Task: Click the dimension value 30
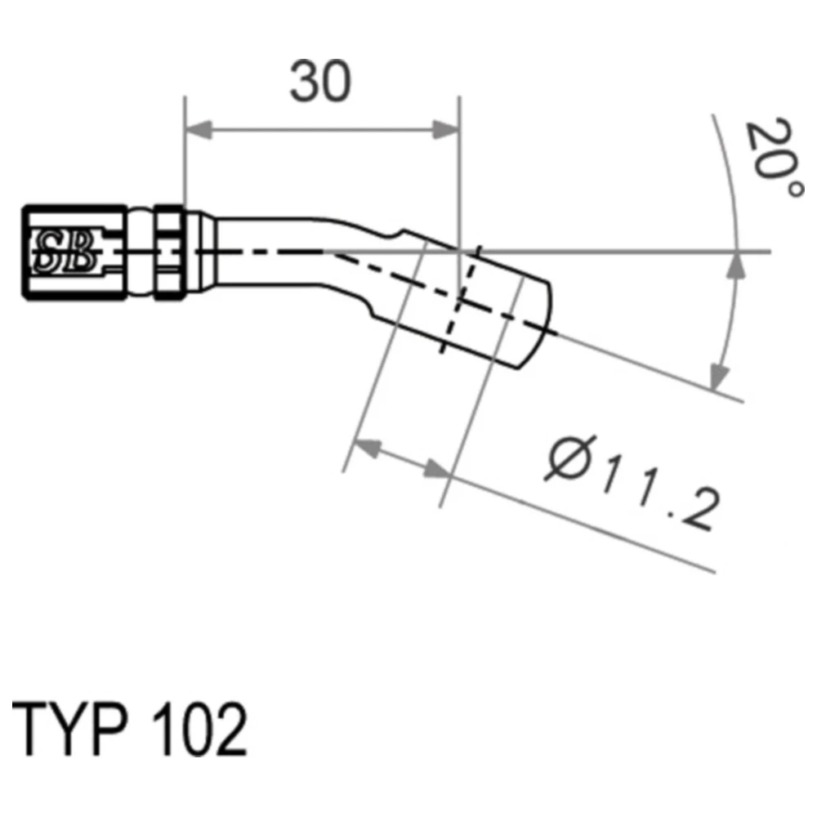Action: [x=320, y=81]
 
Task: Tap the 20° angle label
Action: [x=773, y=158]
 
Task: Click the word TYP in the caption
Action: [x=69, y=730]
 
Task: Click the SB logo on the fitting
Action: [x=65, y=252]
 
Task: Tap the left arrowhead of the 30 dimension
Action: [x=199, y=130]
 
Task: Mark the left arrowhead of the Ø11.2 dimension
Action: [x=368, y=449]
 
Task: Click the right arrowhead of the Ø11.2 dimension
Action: [x=436, y=470]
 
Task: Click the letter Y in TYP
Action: [x=68, y=730]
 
